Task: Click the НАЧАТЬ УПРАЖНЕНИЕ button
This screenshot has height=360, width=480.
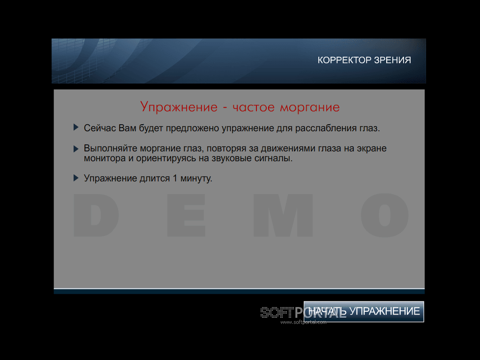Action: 364,311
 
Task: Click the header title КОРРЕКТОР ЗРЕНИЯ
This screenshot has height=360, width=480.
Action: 364,60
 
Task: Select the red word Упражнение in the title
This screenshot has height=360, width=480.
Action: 179,107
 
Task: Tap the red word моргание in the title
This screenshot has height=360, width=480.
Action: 310,108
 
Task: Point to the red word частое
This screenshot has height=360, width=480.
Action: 254,107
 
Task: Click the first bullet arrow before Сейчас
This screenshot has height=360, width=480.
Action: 76,127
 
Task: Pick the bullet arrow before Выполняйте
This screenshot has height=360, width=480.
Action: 76,149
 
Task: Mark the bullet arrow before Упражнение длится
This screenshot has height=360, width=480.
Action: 76,178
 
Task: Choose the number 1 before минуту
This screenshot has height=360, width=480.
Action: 175,178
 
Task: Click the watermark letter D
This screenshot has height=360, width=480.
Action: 96,215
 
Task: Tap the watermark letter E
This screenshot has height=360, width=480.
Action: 186,215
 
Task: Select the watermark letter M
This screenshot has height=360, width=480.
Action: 283,215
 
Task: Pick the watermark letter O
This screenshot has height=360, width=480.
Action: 384,215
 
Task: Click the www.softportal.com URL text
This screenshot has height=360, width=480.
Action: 303,322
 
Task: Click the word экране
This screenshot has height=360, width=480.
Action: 372,149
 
